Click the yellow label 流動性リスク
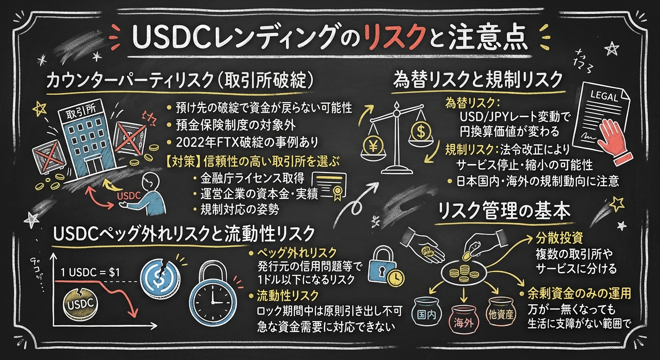tap(288, 296)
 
